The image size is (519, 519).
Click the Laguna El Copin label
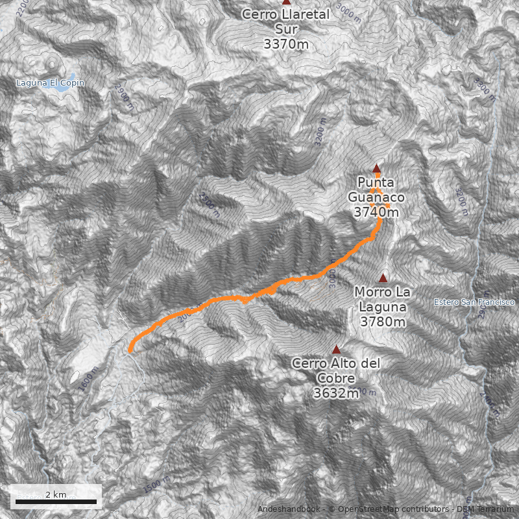click(x=51, y=84)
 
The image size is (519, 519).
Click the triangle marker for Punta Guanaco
click(x=376, y=168)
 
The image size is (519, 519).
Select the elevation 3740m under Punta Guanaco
click(x=376, y=211)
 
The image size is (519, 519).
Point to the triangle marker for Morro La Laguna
click(x=383, y=278)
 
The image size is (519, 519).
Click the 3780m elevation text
click(x=383, y=322)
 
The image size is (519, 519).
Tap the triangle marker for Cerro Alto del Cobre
click(x=336, y=350)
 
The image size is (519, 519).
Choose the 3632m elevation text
click(x=335, y=393)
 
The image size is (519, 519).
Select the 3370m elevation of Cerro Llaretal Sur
click(x=285, y=44)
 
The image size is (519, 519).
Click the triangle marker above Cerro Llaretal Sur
click(x=286, y=2)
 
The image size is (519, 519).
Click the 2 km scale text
click(x=56, y=494)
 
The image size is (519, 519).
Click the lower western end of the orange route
click(x=131, y=350)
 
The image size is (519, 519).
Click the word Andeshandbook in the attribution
click(x=289, y=509)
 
